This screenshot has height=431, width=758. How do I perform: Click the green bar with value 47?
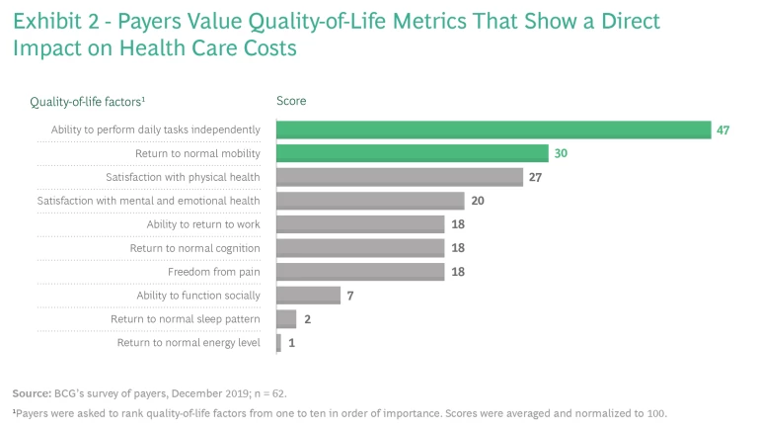pyautogui.click(x=493, y=129)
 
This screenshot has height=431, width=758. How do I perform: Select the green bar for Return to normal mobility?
pyautogui.click(x=413, y=153)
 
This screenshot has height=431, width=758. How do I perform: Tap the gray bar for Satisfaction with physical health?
pyautogui.click(x=400, y=177)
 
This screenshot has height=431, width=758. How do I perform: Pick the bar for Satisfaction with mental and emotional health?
pyautogui.click(x=370, y=201)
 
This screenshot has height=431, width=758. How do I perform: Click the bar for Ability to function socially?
pyautogui.click(x=308, y=295)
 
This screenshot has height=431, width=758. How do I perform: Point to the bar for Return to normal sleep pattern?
pyautogui.click(x=286, y=318)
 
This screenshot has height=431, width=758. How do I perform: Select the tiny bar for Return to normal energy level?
pyautogui.click(x=278, y=342)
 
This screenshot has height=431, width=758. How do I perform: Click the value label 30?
pyautogui.click(x=561, y=153)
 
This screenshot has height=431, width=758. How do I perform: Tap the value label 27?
pyautogui.click(x=536, y=177)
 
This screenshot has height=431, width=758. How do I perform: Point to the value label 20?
pyautogui.click(x=478, y=201)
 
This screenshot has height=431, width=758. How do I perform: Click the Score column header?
pyautogui.click(x=291, y=101)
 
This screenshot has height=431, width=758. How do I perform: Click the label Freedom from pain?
pyautogui.click(x=213, y=272)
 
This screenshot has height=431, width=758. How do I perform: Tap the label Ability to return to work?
pyautogui.click(x=203, y=224)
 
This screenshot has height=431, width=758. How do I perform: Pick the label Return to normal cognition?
pyautogui.click(x=195, y=248)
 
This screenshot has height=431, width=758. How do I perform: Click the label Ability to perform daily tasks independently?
pyautogui.click(x=156, y=129)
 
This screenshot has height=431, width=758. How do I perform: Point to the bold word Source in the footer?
pyautogui.click(x=30, y=393)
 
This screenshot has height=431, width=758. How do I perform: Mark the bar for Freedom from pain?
pyautogui.click(x=360, y=272)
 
